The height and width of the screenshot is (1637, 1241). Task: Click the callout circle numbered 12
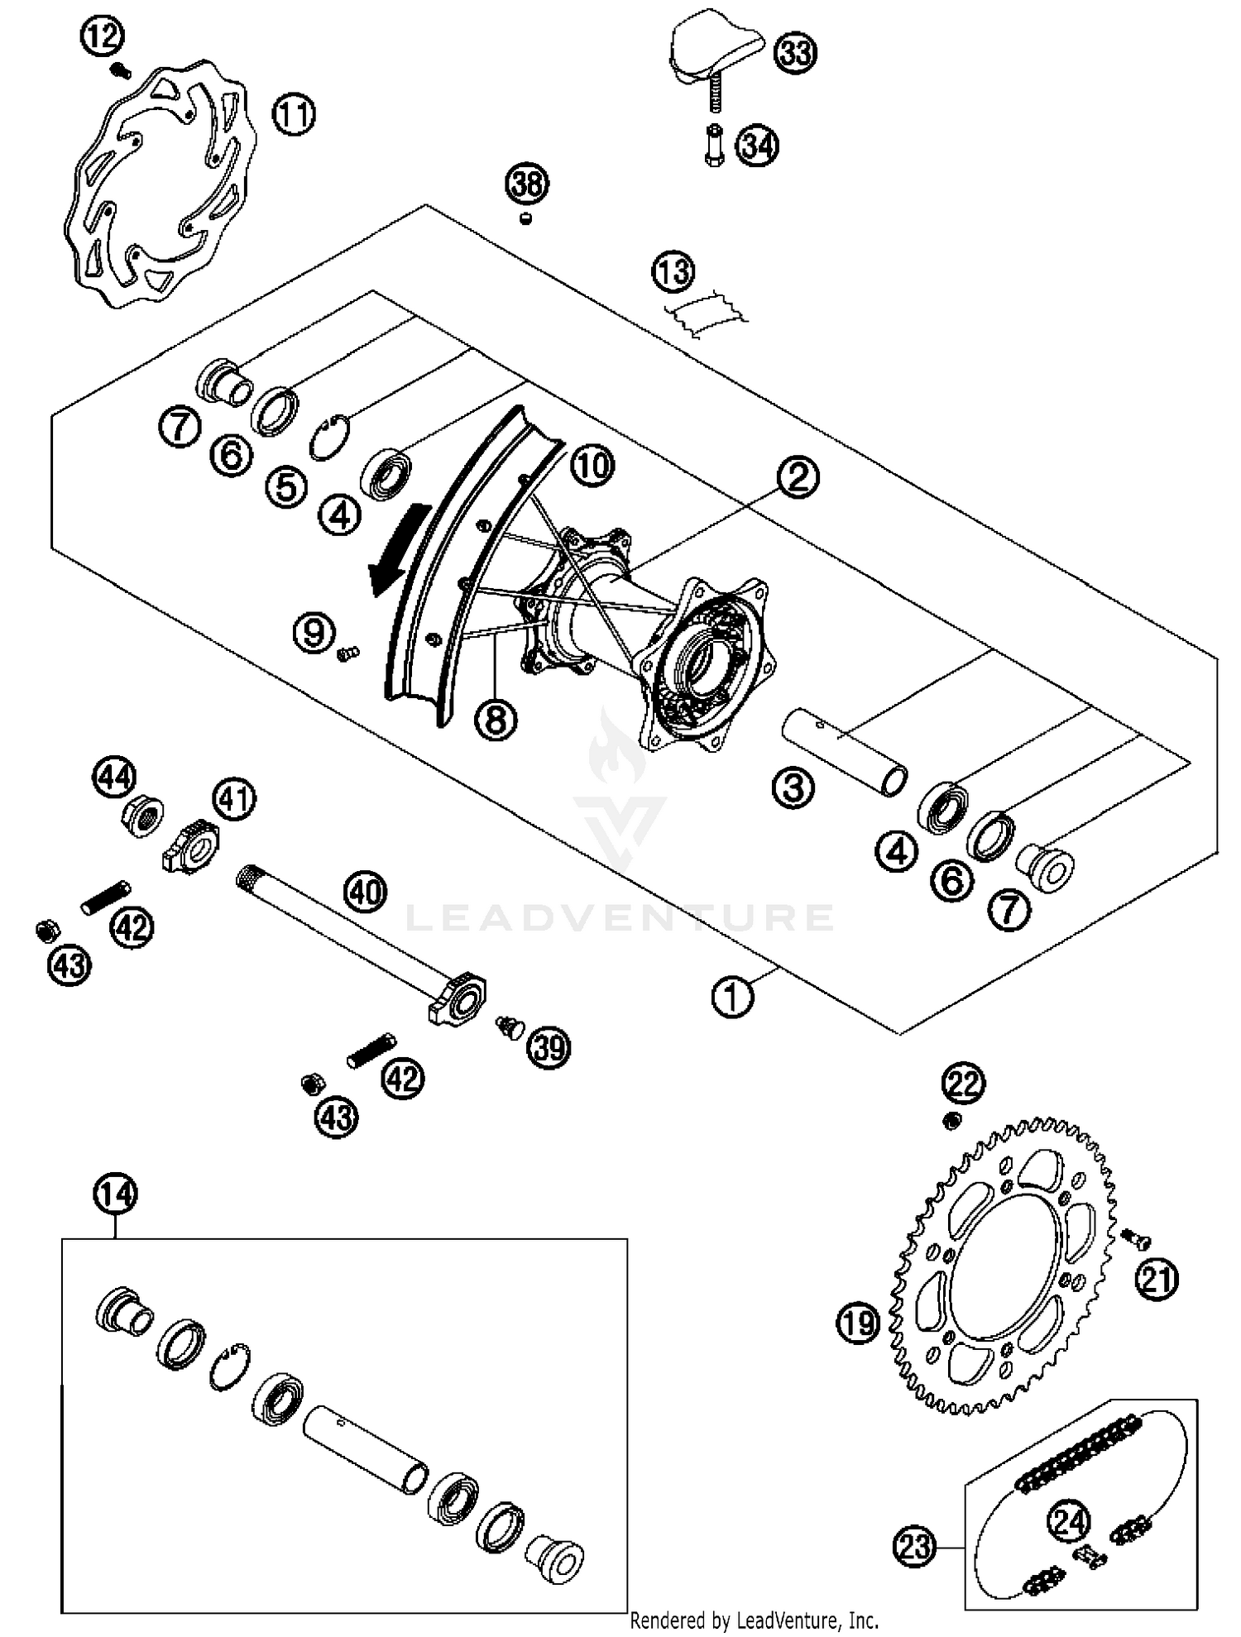click(x=103, y=36)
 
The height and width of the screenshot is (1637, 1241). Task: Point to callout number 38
click(x=528, y=184)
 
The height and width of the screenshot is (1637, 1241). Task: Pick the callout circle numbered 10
click(x=592, y=467)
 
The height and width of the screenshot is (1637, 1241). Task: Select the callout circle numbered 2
click(x=798, y=477)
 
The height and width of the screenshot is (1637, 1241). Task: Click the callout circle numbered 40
click(x=366, y=893)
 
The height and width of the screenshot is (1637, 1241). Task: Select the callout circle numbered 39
click(x=549, y=1048)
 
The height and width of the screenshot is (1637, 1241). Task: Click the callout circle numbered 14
click(x=115, y=1194)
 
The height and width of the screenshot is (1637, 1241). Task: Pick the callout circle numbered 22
click(x=964, y=1084)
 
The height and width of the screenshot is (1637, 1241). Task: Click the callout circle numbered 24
click(x=1071, y=1520)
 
